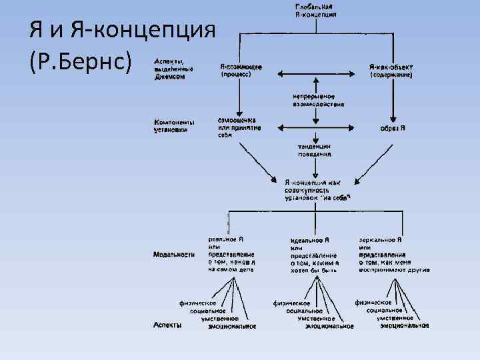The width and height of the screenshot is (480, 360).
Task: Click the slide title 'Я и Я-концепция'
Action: pos(123,29)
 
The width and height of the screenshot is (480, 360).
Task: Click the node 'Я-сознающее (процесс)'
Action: pos(241,71)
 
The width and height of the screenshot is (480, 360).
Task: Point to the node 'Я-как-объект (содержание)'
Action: pos(391,71)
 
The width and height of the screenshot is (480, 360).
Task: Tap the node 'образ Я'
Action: pos(393,127)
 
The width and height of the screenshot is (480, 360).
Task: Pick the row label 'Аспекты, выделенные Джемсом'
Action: pos(174,67)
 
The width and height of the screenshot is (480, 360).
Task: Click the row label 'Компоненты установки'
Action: pos(174,126)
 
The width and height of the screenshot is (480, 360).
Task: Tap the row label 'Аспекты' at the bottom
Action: pos(166,325)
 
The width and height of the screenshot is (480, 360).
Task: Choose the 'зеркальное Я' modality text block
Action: pos(393,255)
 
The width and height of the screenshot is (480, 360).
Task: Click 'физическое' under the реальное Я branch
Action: pos(202,302)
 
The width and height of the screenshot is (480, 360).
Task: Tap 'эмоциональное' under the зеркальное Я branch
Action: pos(403,326)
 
